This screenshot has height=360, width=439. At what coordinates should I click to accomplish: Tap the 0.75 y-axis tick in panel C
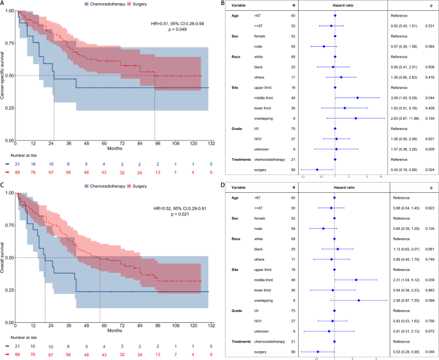8,225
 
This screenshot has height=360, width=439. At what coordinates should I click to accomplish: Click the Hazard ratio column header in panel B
334,5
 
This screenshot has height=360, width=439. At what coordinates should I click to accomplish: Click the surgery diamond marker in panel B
317,169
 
